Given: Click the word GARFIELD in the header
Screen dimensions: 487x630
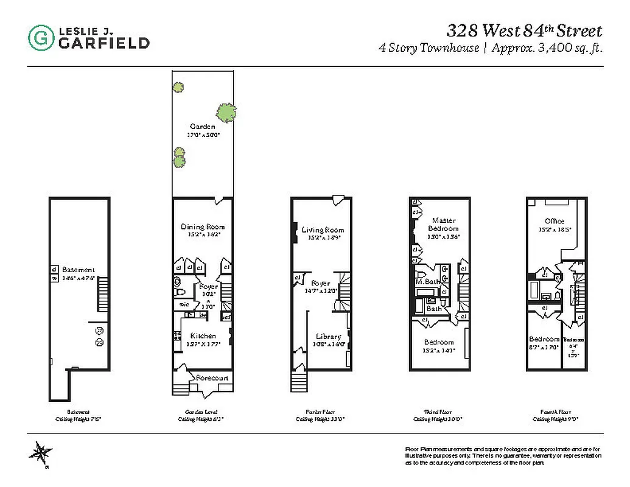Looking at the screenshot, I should point(103,43).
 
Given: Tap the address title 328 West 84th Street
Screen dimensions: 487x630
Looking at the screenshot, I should point(524,30).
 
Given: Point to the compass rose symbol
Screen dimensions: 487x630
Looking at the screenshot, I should point(41,454).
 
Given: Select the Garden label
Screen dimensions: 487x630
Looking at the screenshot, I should point(203,127).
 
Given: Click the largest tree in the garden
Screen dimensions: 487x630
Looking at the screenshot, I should point(226,112).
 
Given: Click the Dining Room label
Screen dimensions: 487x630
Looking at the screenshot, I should point(203,227).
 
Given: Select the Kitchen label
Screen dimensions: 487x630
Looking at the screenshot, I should point(203,336).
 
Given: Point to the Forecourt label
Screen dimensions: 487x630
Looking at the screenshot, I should point(212,378).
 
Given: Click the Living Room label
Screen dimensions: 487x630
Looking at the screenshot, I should point(323,229).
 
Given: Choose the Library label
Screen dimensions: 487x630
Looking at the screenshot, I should point(328,337).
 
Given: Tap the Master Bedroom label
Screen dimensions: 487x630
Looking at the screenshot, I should point(444,224).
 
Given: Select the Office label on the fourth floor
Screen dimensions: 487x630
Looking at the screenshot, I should point(554,221).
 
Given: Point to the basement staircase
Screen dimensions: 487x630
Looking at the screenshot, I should point(102,293).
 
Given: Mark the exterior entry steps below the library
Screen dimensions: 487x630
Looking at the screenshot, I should point(298,383).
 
